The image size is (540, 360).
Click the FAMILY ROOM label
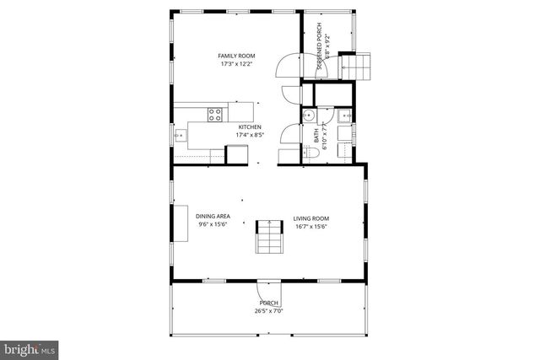237,56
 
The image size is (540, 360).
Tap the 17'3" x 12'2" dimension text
237,64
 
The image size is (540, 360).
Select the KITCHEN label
250,127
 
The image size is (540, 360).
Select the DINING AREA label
213,217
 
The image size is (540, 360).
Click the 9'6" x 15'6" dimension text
213,225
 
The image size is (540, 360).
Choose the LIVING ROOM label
310,217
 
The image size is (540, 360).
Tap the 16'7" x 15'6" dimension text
310,225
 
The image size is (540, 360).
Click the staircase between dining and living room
268,236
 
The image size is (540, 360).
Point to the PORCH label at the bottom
269,303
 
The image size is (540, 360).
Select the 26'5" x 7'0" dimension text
269,310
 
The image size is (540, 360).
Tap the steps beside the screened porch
354,65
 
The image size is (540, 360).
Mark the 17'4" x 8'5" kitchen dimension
250,135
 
